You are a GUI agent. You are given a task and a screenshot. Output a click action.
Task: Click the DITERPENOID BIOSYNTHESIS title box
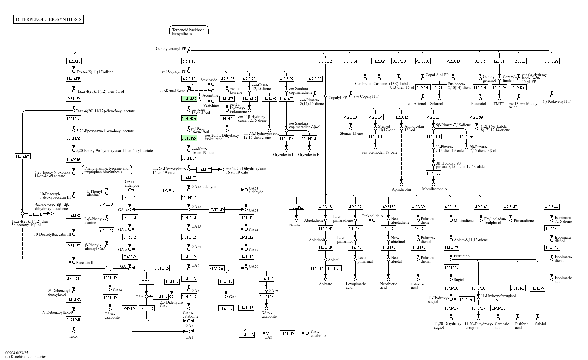tap(48, 19)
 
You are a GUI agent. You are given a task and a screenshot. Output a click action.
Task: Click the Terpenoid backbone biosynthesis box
tap(189, 32)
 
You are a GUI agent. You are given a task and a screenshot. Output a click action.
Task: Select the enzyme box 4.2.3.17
tap(74, 61)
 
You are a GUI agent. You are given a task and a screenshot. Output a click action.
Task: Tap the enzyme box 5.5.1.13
tap(189, 61)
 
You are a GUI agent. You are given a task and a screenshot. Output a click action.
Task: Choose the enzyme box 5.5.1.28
tap(552, 61)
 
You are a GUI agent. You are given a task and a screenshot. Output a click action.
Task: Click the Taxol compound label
tap(73, 336)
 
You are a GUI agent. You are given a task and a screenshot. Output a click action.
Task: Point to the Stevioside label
tap(209, 80)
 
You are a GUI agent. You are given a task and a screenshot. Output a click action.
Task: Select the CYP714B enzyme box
tap(217, 210)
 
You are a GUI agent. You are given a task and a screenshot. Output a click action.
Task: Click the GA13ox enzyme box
tap(217, 269)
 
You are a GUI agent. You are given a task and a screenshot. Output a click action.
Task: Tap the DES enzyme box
tap(146, 282)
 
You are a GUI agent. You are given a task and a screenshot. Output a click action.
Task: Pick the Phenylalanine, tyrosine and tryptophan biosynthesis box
tap(107, 170)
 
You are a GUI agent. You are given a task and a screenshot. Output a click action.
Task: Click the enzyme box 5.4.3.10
tap(107, 204)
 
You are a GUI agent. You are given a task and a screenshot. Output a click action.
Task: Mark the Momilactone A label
tap(435, 189)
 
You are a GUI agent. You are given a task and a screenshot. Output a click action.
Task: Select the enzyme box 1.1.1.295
tap(433, 173)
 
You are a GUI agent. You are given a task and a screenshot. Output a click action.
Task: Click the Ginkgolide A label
tap(372, 216)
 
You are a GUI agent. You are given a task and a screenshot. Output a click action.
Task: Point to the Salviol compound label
tap(541, 324)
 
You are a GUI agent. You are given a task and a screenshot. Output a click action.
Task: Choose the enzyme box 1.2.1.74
tap(334, 268)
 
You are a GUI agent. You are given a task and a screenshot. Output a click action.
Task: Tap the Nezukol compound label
tap(295, 225)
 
